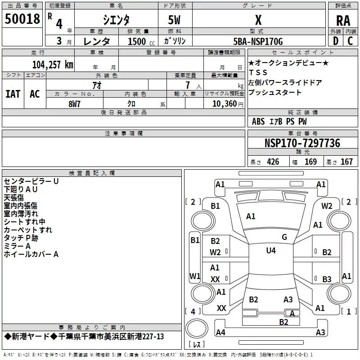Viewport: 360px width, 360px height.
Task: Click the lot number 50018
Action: [22, 19]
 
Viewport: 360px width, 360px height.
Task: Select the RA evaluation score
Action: [343, 21]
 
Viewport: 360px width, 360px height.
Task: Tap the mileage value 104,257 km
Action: [53, 64]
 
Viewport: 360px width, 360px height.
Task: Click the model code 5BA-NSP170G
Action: [258, 41]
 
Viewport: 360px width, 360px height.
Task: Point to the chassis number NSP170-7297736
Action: [302, 144]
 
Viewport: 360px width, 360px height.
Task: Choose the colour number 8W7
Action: [75, 103]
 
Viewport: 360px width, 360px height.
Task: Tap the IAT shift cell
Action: [13, 94]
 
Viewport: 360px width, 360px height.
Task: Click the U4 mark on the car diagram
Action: [271, 251]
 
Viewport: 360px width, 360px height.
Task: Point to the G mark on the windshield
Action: [284, 237]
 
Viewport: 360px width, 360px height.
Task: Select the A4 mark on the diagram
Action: [220, 333]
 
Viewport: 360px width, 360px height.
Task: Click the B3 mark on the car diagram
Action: [327, 279]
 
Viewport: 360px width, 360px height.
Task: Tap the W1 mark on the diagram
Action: [195, 276]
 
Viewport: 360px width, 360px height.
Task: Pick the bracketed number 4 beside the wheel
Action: [193, 311]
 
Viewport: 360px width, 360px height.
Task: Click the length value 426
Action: [273, 162]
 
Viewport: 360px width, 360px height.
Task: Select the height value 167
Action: [346, 162]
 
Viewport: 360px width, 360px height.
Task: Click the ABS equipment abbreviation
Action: [258, 121]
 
